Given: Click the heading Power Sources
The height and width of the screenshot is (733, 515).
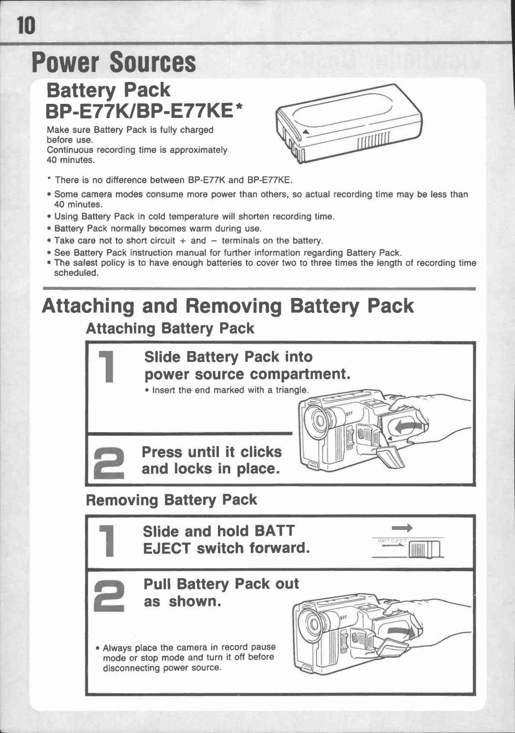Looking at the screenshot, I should point(113,63).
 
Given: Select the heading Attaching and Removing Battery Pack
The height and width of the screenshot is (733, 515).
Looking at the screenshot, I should point(228,306).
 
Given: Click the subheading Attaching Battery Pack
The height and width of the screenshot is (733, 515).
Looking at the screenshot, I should point(170,329).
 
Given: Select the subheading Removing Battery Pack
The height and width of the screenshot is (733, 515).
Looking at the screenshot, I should point(171,500).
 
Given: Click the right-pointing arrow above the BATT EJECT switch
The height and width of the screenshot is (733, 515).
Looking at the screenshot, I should point(402,528).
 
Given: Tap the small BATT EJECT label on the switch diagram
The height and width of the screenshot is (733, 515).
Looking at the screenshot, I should point(391,541).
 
